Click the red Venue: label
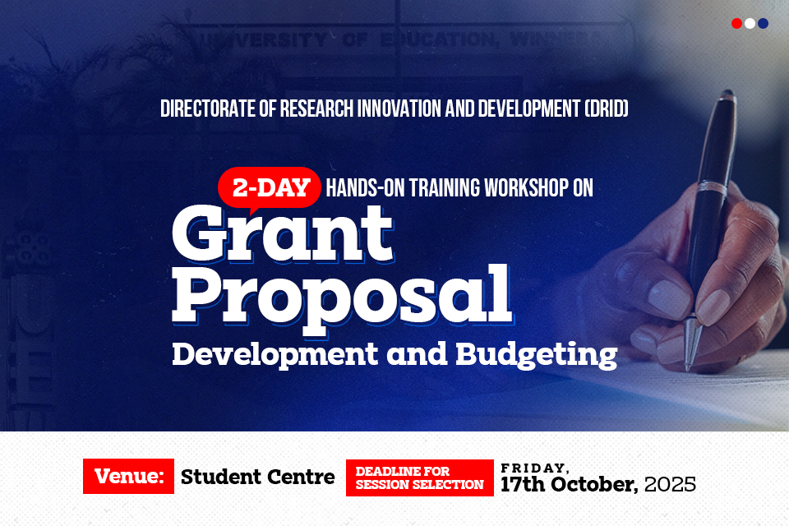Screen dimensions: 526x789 128,477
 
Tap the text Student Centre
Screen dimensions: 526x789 258,477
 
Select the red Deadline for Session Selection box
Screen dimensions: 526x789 419,478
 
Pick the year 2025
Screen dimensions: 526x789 670,484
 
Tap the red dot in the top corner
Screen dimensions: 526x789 736,24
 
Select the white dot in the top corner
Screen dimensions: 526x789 750,24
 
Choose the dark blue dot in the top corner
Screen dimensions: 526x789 763,24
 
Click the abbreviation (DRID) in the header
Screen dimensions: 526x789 606,108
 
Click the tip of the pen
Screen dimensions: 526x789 689,362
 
